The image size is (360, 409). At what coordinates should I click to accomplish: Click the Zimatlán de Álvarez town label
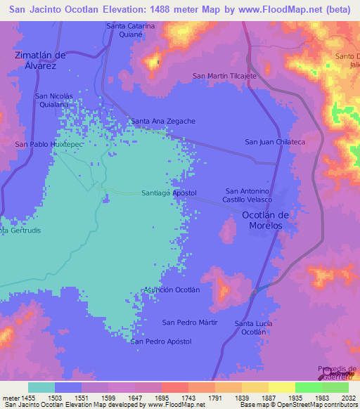[40, 60]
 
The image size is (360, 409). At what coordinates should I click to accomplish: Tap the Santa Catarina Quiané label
[130, 30]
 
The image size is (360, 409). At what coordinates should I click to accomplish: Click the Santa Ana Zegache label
[163, 121]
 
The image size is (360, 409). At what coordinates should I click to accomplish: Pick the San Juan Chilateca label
[274, 142]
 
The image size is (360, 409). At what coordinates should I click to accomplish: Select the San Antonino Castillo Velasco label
[247, 196]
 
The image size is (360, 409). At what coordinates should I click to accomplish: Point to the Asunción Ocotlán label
[172, 290]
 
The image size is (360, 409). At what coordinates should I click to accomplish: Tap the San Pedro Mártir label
[190, 322]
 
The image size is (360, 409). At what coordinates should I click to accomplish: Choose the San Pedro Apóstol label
[161, 342]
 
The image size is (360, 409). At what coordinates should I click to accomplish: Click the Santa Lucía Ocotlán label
[254, 327]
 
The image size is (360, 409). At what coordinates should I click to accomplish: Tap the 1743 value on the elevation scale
[188, 398]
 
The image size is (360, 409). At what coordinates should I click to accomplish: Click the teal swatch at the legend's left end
[41, 387]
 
